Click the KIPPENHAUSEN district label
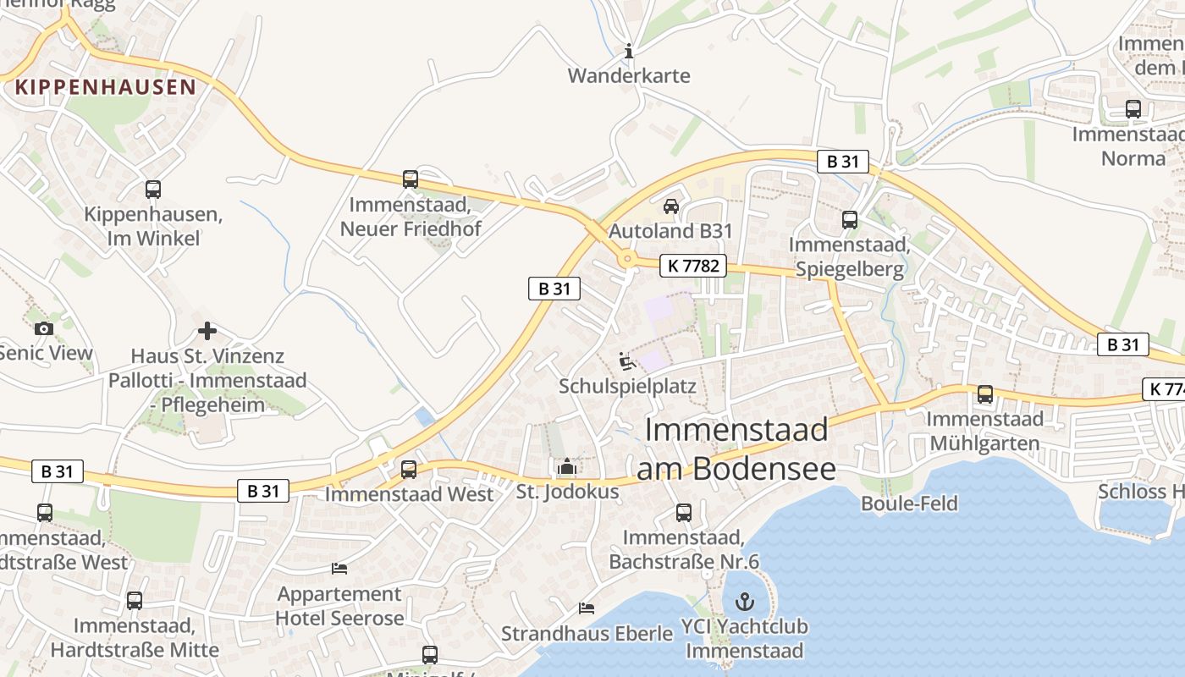pos(106,86)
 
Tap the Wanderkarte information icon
pos(628,52)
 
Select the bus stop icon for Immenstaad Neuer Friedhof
pos(411,179)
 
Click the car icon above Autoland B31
pos(670,206)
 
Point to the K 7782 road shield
pos(693,266)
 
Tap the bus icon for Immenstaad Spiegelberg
pos(850,220)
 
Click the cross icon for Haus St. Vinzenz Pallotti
pos(207,331)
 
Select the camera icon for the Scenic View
pos(44,328)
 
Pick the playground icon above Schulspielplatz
pos(626,362)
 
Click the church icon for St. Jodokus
pos(567,466)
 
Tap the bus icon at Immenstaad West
pos(409,470)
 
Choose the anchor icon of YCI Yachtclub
pos(745,603)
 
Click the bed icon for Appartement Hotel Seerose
pos(339,569)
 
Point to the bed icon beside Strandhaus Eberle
pos(586,608)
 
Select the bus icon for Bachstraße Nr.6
pos(684,513)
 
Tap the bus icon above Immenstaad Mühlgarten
pos(985,394)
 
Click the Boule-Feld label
pos(909,504)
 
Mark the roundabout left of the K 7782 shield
pos(627,259)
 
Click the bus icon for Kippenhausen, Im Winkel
pos(153,190)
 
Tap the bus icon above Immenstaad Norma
pos(1133,109)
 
